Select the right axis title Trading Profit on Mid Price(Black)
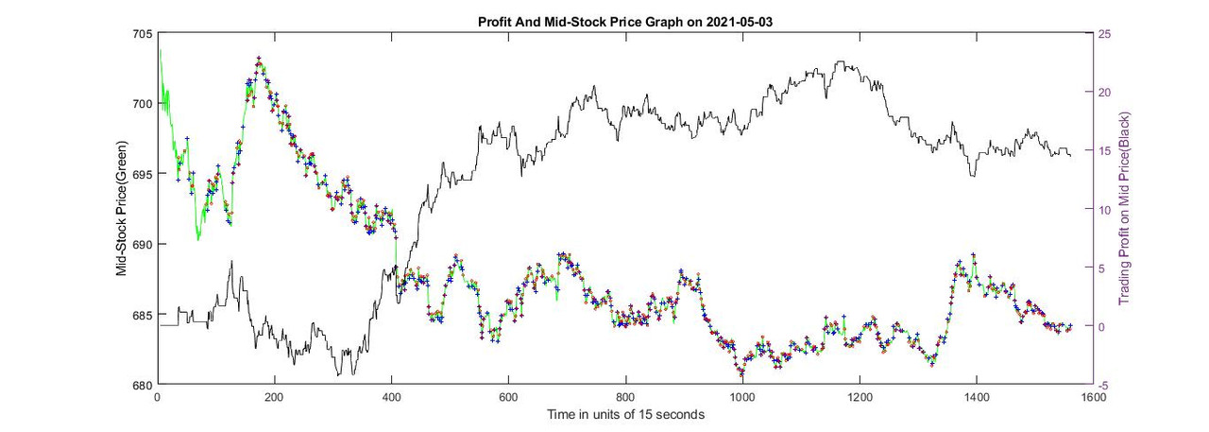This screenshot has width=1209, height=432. pos(1124,209)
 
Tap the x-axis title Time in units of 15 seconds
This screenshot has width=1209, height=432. pos(624,414)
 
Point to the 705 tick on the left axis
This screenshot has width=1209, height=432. pos(143,34)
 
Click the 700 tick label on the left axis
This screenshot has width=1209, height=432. pos(143,104)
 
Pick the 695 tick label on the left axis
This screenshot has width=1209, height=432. pos(143,174)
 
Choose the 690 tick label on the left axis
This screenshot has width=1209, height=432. pos(143,245)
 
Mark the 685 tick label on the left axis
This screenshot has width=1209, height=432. pos(143,315)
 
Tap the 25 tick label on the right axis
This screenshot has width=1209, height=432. pos(1103,34)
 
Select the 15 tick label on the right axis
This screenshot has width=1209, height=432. pos(1103,151)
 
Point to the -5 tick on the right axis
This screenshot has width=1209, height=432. pos(1102,386)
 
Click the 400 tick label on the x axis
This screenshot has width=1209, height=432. pos(391,398)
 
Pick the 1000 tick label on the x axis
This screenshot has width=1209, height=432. pos(741,398)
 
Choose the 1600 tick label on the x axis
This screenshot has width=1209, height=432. pos(1093,398)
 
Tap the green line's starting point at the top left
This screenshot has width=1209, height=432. pos(160,50)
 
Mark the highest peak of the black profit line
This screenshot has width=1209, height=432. pos(839,62)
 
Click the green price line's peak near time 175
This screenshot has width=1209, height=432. pos(259,60)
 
